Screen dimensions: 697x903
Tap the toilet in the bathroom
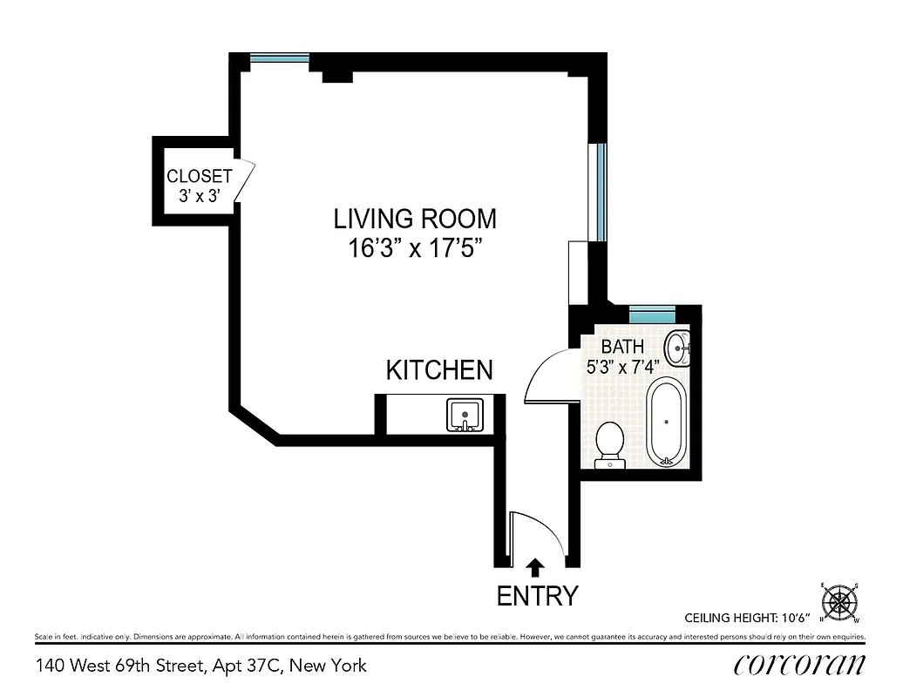[x=609, y=443]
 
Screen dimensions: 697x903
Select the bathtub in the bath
[x=667, y=422]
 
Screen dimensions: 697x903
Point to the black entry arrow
[x=536, y=567]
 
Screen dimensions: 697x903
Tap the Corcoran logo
[x=799, y=665]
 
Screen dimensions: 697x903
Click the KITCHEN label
[x=439, y=369]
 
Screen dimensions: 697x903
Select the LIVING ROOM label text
[x=415, y=218]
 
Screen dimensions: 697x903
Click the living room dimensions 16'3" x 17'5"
[x=415, y=248]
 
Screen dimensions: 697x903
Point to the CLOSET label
[x=200, y=176]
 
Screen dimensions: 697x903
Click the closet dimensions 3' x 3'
[x=200, y=196]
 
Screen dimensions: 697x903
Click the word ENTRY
[x=537, y=596]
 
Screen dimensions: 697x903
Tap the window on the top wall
[x=280, y=59]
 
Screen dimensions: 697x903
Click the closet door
[x=244, y=180]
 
